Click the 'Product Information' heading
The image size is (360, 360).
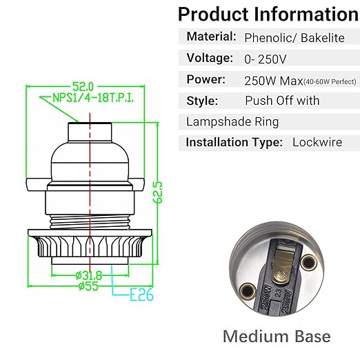268,14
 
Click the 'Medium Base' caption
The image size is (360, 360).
276,337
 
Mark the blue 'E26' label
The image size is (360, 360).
141,297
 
